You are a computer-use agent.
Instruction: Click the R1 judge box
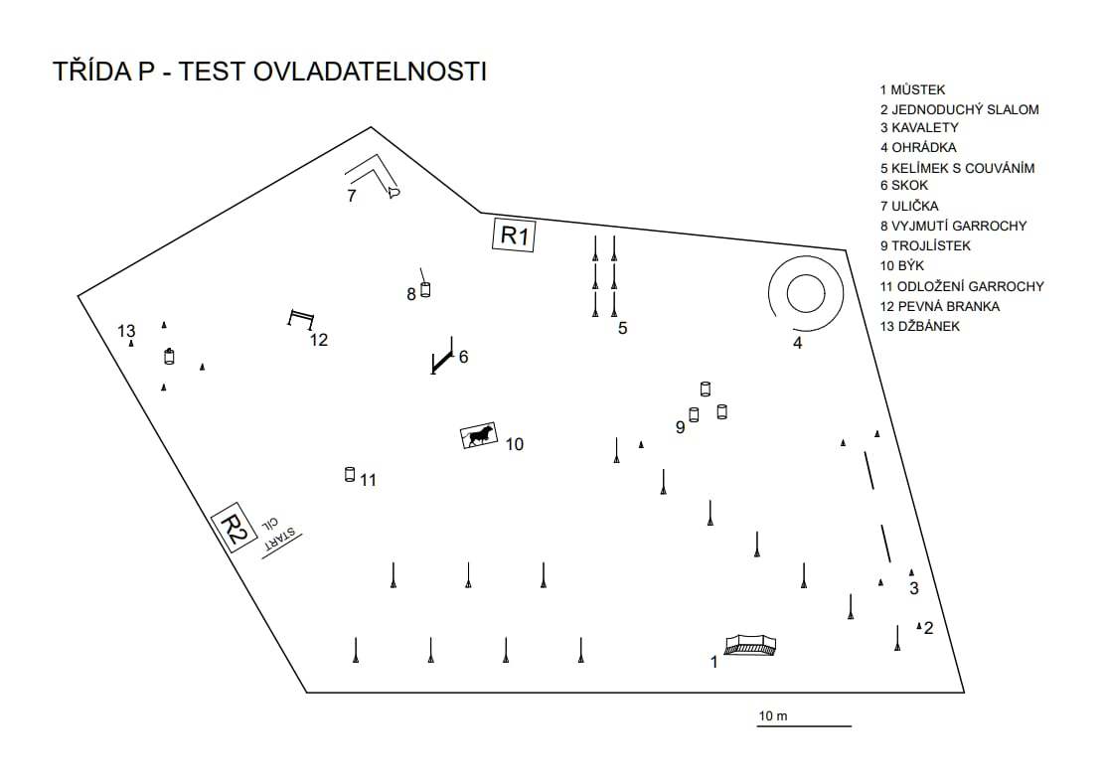[x=514, y=234]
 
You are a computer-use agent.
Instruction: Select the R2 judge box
[x=235, y=527]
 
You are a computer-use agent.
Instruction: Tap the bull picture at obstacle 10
[x=479, y=435]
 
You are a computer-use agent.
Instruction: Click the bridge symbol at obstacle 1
[x=750, y=645]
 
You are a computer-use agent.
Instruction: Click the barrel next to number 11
[x=350, y=474]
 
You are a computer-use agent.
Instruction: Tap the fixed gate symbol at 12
[x=301, y=318]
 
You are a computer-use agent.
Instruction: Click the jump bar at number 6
[x=442, y=362]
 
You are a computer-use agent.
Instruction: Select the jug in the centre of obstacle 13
[x=169, y=357]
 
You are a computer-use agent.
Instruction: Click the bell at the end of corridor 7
[x=394, y=192]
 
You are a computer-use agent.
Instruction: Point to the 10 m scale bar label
[x=772, y=715]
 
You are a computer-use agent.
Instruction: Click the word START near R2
[x=280, y=539]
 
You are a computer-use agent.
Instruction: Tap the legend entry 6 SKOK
[x=904, y=185]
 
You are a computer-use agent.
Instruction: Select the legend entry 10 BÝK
[x=902, y=265]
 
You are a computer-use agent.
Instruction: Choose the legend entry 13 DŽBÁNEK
[x=919, y=326]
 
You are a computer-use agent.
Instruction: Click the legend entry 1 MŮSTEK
[x=912, y=89]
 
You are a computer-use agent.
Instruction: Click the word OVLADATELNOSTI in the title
[x=370, y=72]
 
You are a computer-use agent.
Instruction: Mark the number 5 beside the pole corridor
[x=622, y=328]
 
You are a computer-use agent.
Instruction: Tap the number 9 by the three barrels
[x=680, y=427]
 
